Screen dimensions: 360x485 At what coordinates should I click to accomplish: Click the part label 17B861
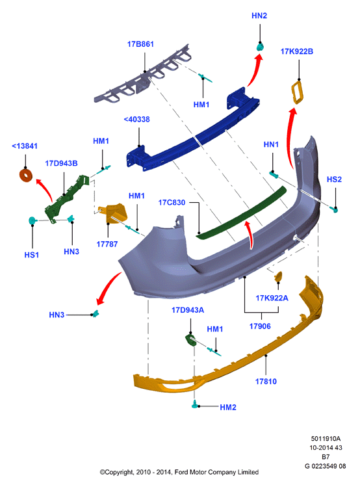click(140, 44)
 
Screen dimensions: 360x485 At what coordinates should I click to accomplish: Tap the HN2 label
click(259, 16)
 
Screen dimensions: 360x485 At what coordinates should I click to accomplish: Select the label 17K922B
click(297, 51)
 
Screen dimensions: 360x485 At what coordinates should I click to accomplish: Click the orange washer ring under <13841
click(26, 176)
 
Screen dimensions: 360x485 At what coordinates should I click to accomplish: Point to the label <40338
click(136, 120)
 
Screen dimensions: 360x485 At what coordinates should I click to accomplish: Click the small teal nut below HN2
click(260, 47)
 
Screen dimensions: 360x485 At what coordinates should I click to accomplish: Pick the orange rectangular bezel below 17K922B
click(298, 92)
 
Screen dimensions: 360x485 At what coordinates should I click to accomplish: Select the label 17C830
click(172, 203)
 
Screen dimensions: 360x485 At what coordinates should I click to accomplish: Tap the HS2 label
click(334, 179)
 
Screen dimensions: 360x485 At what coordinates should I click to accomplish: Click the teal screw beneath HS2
click(334, 209)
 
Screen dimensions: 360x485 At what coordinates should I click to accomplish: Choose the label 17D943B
click(61, 163)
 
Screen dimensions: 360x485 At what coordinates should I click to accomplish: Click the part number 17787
click(107, 244)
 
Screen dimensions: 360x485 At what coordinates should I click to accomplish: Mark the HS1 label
click(32, 256)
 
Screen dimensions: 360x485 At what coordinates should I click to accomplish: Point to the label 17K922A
click(272, 298)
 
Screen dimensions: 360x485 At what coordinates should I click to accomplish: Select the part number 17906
click(260, 326)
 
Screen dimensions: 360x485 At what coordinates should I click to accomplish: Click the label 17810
click(266, 382)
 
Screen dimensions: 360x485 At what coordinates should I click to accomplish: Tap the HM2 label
click(228, 408)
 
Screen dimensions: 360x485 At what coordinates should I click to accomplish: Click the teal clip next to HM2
click(195, 404)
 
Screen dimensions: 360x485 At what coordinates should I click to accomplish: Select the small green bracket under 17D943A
click(190, 339)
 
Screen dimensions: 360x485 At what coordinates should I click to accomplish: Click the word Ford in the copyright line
click(181, 472)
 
